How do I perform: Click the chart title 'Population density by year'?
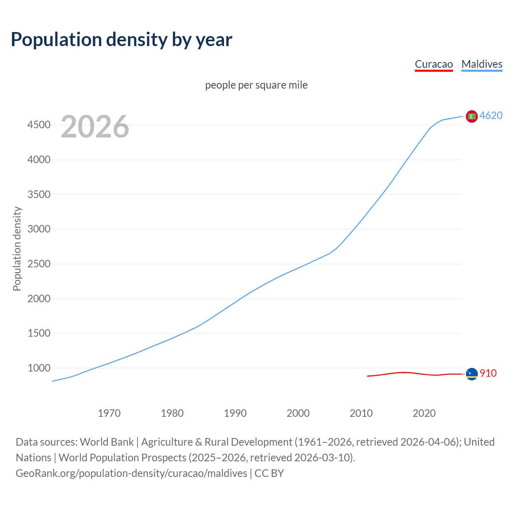click(x=121, y=40)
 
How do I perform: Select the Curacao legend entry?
click(x=434, y=64)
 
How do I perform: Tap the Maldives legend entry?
click(x=482, y=64)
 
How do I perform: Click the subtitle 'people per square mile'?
click(x=256, y=85)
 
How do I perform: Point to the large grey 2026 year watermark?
click(x=95, y=127)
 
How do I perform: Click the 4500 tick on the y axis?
click(x=39, y=125)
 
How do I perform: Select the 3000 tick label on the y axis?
click(x=39, y=229)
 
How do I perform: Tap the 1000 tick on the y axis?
click(x=39, y=368)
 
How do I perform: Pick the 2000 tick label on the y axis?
click(x=39, y=299)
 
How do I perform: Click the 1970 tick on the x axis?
click(x=109, y=413)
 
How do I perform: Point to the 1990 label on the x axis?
click(x=235, y=413)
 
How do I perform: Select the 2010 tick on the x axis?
click(x=361, y=413)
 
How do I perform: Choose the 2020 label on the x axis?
click(x=424, y=413)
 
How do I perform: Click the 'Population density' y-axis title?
click(x=17, y=248)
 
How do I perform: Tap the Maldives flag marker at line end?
click(x=472, y=116)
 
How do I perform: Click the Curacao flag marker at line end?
click(x=472, y=374)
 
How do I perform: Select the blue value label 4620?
click(x=491, y=115)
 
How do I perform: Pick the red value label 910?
click(x=488, y=373)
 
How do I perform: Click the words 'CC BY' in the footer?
click(x=269, y=473)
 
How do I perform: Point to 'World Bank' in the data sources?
click(x=107, y=442)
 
